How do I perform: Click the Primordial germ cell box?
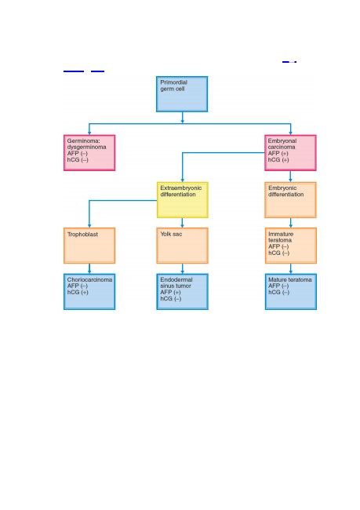click(x=182, y=94)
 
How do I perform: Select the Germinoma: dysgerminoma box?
click(x=89, y=152)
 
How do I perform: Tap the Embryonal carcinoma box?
click(x=290, y=152)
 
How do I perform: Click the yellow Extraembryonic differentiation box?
click(x=183, y=200)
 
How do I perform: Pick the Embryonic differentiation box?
click(x=290, y=200)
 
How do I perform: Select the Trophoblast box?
click(x=89, y=246)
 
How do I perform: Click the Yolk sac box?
click(x=182, y=246)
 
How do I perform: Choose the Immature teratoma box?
click(x=291, y=246)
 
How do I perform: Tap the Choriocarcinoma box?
click(x=89, y=292)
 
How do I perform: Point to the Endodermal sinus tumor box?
click(x=182, y=292)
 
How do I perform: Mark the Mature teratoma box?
click(x=291, y=292)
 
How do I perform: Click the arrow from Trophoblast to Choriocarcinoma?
click(x=89, y=268)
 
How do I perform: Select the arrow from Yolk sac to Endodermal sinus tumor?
click(x=183, y=268)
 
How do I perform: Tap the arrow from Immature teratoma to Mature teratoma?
click(x=291, y=268)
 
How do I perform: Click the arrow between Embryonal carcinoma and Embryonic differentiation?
click(x=290, y=177)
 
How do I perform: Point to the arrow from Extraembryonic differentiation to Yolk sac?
click(x=182, y=223)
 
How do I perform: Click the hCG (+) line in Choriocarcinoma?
click(x=78, y=293)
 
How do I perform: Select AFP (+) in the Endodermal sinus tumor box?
click(x=170, y=293)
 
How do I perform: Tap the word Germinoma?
click(x=84, y=140)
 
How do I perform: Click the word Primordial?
click(x=173, y=82)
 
